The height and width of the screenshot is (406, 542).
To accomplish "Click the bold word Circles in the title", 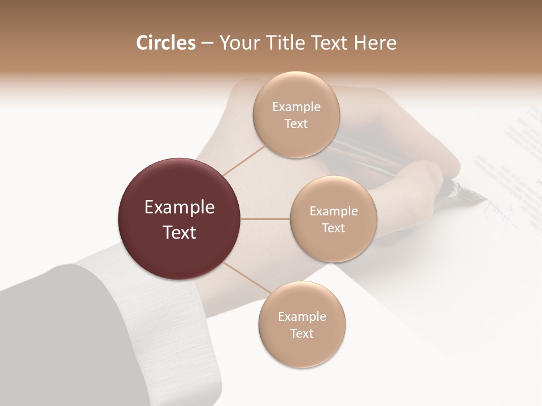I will (166, 43).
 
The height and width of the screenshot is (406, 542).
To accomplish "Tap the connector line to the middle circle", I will (265, 219).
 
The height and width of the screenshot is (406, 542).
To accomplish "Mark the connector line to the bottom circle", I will (244, 277).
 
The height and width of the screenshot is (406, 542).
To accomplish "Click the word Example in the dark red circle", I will (180, 208).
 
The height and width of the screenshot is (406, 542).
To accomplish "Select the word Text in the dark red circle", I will (180, 232).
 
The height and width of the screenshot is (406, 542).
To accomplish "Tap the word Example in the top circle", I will (296, 107).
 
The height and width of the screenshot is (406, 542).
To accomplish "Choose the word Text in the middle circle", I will (333, 228).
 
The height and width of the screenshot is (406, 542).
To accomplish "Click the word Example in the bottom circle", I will (302, 316).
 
